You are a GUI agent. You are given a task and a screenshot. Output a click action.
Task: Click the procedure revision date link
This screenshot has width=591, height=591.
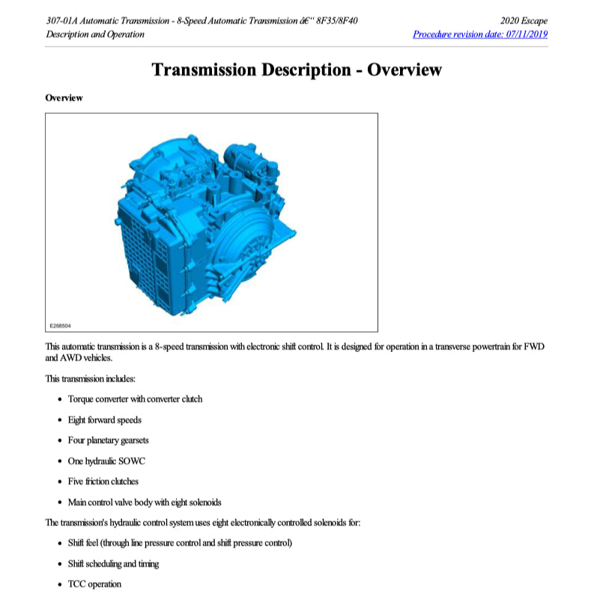click(479, 34)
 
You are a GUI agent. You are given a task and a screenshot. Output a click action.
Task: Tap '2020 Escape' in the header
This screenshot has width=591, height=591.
click(524, 20)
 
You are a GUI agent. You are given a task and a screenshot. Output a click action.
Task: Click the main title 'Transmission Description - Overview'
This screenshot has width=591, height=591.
click(296, 70)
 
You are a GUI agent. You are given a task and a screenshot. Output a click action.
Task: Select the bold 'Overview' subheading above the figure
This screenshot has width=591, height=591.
click(64, 98)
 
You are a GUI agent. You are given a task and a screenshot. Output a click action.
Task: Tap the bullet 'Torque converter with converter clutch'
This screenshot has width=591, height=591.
click(135, 398)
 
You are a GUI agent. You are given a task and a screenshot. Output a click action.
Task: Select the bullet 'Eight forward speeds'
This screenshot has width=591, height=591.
click(104, 419)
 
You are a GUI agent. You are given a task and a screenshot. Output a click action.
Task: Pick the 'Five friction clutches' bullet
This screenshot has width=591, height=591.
click(103, 482)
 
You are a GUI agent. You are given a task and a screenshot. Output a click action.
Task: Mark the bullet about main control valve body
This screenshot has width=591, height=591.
click(144, 502)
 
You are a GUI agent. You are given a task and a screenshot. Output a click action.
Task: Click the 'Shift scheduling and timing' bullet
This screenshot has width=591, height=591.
click(113, 564)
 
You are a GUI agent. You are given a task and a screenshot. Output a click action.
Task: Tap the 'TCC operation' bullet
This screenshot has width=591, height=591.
click(94, 584)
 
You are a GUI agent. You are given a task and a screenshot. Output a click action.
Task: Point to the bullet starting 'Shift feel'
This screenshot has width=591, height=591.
click(179, 543)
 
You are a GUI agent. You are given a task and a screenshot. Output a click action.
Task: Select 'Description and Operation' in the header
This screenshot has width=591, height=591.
click(95, 34)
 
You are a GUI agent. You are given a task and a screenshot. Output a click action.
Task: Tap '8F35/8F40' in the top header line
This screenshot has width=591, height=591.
click(337, 20)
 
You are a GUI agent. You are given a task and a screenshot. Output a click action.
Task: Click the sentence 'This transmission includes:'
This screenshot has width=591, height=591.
click(90, 378)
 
